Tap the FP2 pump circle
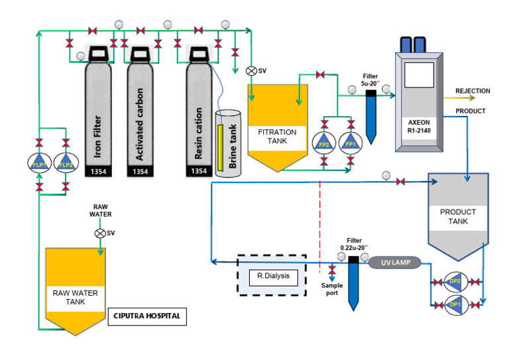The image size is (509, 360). click(x=323, y=143)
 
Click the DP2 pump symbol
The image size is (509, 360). click(x=455, y=282)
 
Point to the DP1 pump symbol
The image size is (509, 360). click(x=455, y=304)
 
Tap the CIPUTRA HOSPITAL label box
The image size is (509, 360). click(x=147, y=317)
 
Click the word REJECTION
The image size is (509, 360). click(x=473, y=91)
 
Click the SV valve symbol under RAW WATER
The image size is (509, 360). click(x=99, y=233)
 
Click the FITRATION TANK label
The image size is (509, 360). click(x=277, y=136)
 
